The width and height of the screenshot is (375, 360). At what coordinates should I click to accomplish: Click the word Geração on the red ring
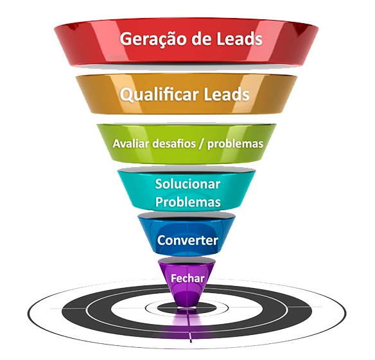coord(153,39)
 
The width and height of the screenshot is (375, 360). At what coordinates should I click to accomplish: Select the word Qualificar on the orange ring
coord(159,94)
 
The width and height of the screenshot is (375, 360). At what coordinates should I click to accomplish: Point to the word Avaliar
coord(131,143)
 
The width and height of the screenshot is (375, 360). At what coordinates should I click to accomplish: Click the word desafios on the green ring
coord(174,143)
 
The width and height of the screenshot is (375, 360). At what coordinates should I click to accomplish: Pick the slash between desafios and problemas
coord(202,144)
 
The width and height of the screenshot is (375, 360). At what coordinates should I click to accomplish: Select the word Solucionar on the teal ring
coord(187,184)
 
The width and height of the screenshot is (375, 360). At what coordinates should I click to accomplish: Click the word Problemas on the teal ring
coord(187,202)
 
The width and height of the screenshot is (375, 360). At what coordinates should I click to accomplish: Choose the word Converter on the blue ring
coord(187,240)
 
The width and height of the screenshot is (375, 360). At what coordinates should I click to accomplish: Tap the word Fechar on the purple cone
coord(187,278)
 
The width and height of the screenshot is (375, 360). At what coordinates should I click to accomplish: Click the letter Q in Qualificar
coord(126,95)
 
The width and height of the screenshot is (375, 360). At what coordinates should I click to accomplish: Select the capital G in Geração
coord(126,39)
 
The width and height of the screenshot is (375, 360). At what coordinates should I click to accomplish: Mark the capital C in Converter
coord(161,240)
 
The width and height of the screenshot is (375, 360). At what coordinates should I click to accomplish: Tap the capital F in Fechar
coord(173,278)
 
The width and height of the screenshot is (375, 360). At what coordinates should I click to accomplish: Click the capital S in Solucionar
coord(159,184)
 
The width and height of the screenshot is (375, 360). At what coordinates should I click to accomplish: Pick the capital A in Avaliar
coord(116,143)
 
